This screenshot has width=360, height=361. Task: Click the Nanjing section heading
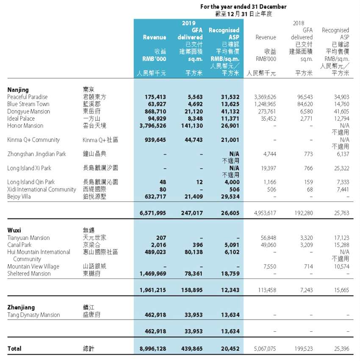pos(18,90)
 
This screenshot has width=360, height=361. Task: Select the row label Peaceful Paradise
pos(28,97)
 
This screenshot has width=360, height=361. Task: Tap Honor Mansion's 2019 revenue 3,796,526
pos(152,126)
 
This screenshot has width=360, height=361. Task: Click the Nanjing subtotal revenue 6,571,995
pos(152,214)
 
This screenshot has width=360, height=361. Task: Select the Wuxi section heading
pos(15,230)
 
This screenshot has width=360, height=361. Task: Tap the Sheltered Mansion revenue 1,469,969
pos(152,273)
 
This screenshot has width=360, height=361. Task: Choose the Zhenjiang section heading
pos(21,307)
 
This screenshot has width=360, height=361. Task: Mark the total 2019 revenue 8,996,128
pos(152,349)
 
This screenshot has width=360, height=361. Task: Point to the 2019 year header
pos(188,23)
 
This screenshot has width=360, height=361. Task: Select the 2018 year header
pos(299,23)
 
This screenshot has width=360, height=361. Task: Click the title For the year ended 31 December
pos(243,7)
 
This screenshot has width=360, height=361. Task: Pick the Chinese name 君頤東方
pos(94,97)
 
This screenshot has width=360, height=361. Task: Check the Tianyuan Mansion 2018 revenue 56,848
pos(266,238)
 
